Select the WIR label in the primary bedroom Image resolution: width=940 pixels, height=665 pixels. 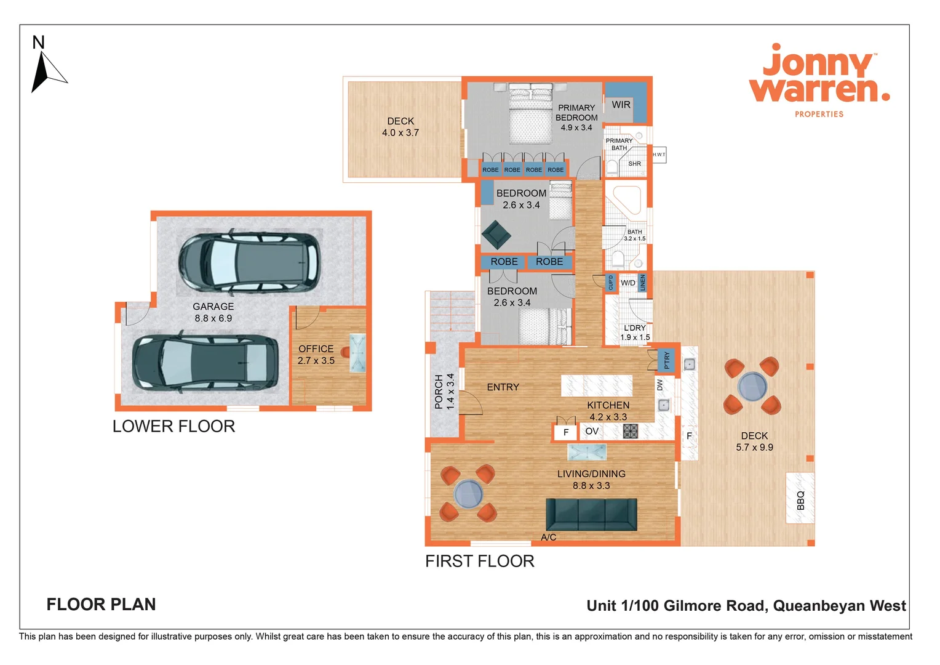click(x=621, y=105)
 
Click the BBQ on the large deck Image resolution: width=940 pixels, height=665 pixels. click(x=800, y=499)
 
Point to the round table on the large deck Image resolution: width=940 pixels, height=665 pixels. click(x=752, y=387)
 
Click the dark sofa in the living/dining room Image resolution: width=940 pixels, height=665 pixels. click(x=591, y=515)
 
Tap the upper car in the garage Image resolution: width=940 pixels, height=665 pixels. click(x=249, y=261)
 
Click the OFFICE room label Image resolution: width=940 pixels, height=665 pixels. click(x=316, y=349)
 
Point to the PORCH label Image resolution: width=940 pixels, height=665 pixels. click(x=439, y=392)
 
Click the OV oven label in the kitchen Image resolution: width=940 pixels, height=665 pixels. click(x=592, y=432)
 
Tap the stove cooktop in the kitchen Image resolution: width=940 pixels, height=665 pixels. click(x=631, y=431)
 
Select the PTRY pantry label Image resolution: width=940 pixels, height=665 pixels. click(x=667, y=360)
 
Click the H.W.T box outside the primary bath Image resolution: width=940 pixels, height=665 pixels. click(x=659, y=155)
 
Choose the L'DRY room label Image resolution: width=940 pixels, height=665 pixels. click(x=634, y=328)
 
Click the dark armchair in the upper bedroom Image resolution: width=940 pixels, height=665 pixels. click(x=496, y=235)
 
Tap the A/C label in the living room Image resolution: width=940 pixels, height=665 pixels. click(x=548, y=538)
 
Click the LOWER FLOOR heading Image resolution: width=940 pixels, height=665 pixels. click(x=173, y=426)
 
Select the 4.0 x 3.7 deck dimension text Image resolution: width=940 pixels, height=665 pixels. click(x=400, y=133)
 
